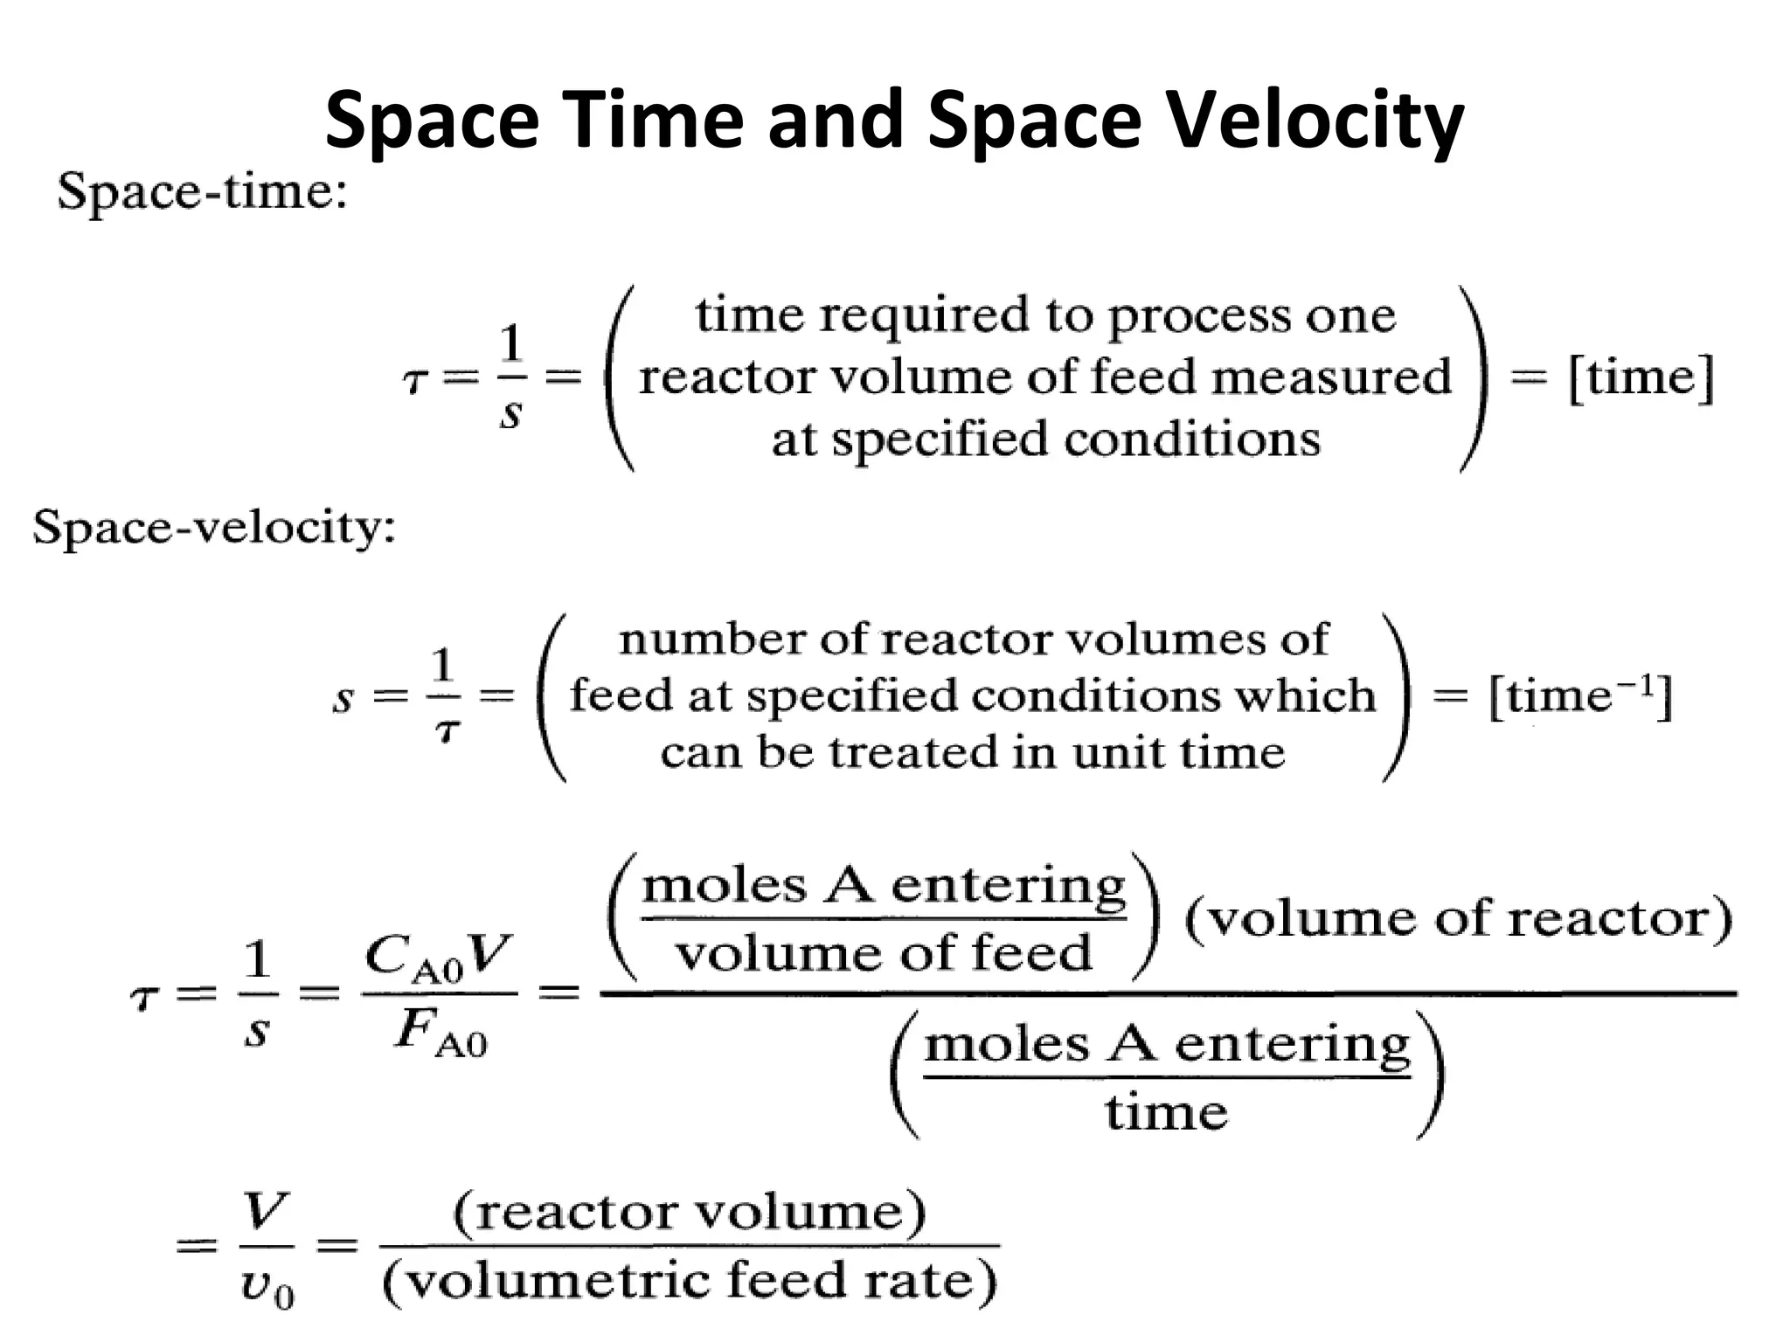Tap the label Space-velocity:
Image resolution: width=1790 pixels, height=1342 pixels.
[214, 528]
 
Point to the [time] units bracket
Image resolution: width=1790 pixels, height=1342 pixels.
[1641, 378]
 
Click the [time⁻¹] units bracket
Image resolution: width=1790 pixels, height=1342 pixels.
[1580, 697]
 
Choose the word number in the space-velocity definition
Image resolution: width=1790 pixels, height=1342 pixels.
[711, 640]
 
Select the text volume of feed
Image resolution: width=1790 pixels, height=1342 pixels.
[884, 953]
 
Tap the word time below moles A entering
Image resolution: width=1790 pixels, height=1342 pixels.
[1167, 1112]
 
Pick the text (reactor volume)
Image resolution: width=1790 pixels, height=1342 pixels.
[689, 1213]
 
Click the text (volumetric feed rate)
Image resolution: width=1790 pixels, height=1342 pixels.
[690, 1282]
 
